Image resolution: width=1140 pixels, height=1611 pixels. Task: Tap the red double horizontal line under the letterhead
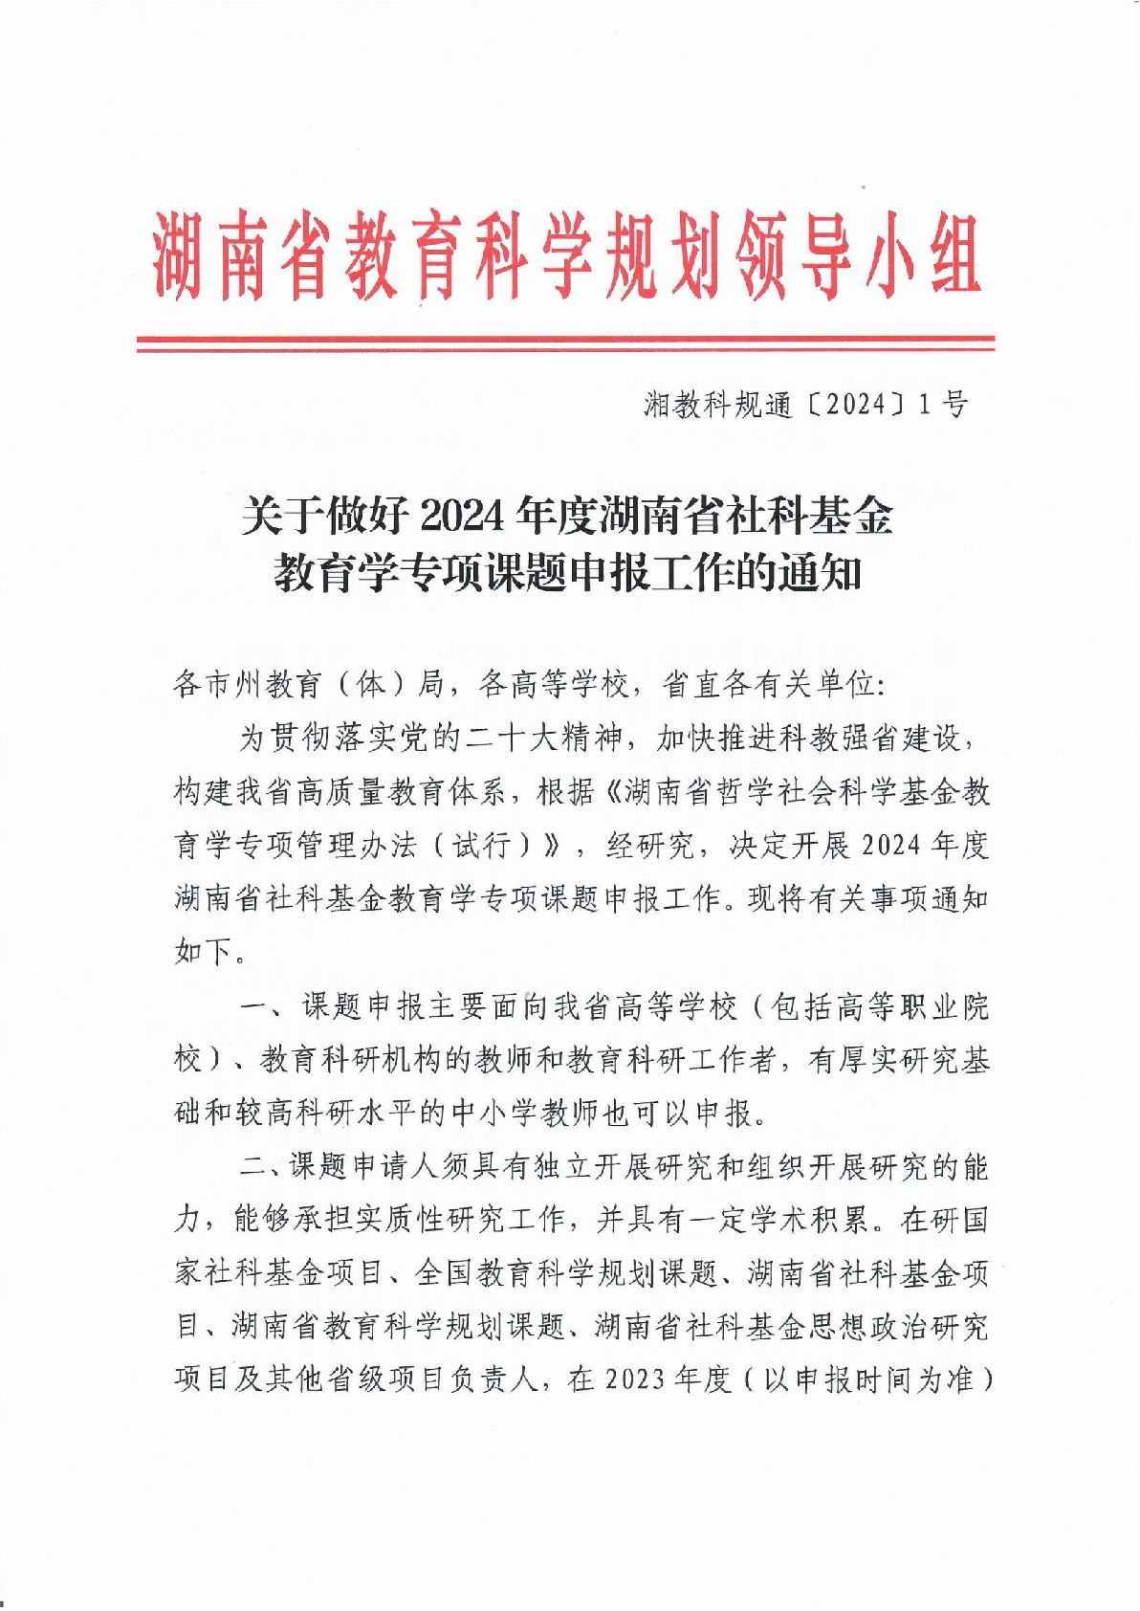tap(565, 344)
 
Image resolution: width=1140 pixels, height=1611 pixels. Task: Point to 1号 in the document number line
tap(942, 406)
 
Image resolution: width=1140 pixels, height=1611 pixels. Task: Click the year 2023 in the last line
tap(636, 1379)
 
